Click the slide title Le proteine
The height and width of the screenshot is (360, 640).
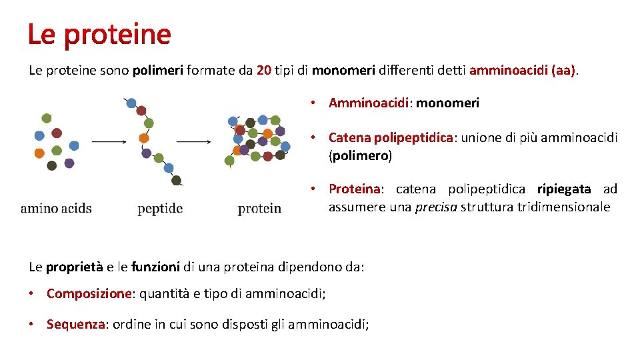pyautogui.click(x=99, y=34)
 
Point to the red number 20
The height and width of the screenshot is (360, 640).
pyautogui.click(x=263, y=71)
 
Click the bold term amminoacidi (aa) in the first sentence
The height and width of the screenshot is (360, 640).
pyautogui.click(x=523, y=71)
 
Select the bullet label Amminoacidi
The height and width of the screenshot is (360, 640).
pyautogui.click(x=370, y=103)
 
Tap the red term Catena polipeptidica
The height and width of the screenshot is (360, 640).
pyautogui.click(x=391, y=138)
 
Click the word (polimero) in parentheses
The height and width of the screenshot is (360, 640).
pyautogui.click(x=360, y=156)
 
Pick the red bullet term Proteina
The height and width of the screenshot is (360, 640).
pyautogui.click(x=354, y=189)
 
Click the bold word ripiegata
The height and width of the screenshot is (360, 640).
pyautogui.click(x=564, y=189)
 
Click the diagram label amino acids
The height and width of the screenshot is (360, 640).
pyautogui.click(x=56, y=208)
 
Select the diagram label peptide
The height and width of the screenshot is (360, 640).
pyautogui.click(x=160, y=209)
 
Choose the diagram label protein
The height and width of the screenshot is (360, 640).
pyautogui.click(x=259, y=209)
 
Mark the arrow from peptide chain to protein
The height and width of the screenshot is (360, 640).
pyautogui.click(x=194, y=141)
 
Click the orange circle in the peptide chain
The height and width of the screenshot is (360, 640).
pyautogui.click(x=143, y=138)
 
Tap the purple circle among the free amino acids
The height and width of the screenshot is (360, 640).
pyautogui.click(x=69, y=163)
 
